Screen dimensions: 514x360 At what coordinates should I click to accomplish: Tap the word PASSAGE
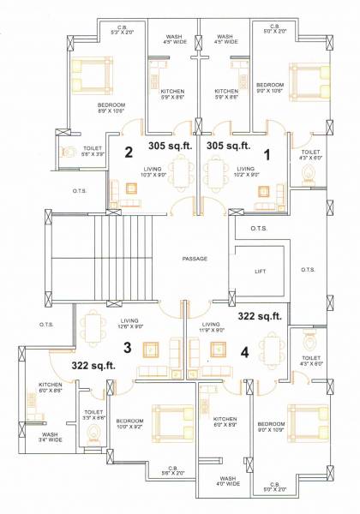click(x=196, y=258)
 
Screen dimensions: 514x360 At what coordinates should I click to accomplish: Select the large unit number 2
click(x=129, y=154)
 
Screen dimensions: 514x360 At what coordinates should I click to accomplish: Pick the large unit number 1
click(x=267, y=154)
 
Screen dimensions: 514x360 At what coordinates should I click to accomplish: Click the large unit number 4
click(x=245, y=350)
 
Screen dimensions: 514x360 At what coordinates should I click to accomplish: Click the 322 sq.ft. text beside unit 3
click(x=92, y=366)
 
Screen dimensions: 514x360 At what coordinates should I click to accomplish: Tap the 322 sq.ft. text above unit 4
click(x=260, y=317)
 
